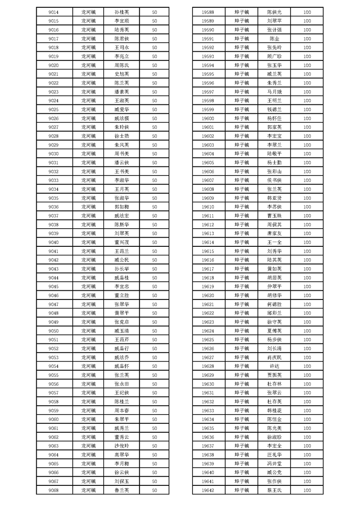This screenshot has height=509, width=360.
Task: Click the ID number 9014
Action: (x=53, y=12)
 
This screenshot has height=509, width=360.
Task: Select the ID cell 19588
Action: (x=207, y=12)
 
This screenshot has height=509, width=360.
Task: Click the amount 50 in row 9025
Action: (x=154, y=109)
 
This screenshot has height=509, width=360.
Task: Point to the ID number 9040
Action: (x=53, y=242)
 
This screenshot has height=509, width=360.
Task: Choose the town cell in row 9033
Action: (x=88, y=180)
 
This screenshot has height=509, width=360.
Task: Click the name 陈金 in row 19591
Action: (x=274, y=39)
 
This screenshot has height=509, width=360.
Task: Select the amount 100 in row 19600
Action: (x=307, y=118)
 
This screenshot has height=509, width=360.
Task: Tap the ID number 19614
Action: (x=207, y=242)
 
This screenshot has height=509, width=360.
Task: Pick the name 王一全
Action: (x=274, y=242)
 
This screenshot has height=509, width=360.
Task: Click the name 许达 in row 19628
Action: (x=274, y=366)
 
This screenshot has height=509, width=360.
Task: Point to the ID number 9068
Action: (x=53, y=490)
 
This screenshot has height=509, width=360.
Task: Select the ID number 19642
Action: (x=207, y=490)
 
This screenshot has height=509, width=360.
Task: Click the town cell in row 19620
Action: (x=242, y=295)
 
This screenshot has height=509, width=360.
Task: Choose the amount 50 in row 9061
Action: (x=154, y=428)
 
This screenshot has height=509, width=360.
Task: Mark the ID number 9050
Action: (x=53, y=331)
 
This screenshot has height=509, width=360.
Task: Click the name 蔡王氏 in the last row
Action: (x=274, y=490)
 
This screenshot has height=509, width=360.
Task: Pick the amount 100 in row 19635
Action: (x=307, y=428)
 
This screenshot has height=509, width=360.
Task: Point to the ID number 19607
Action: (x=207, y=180)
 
